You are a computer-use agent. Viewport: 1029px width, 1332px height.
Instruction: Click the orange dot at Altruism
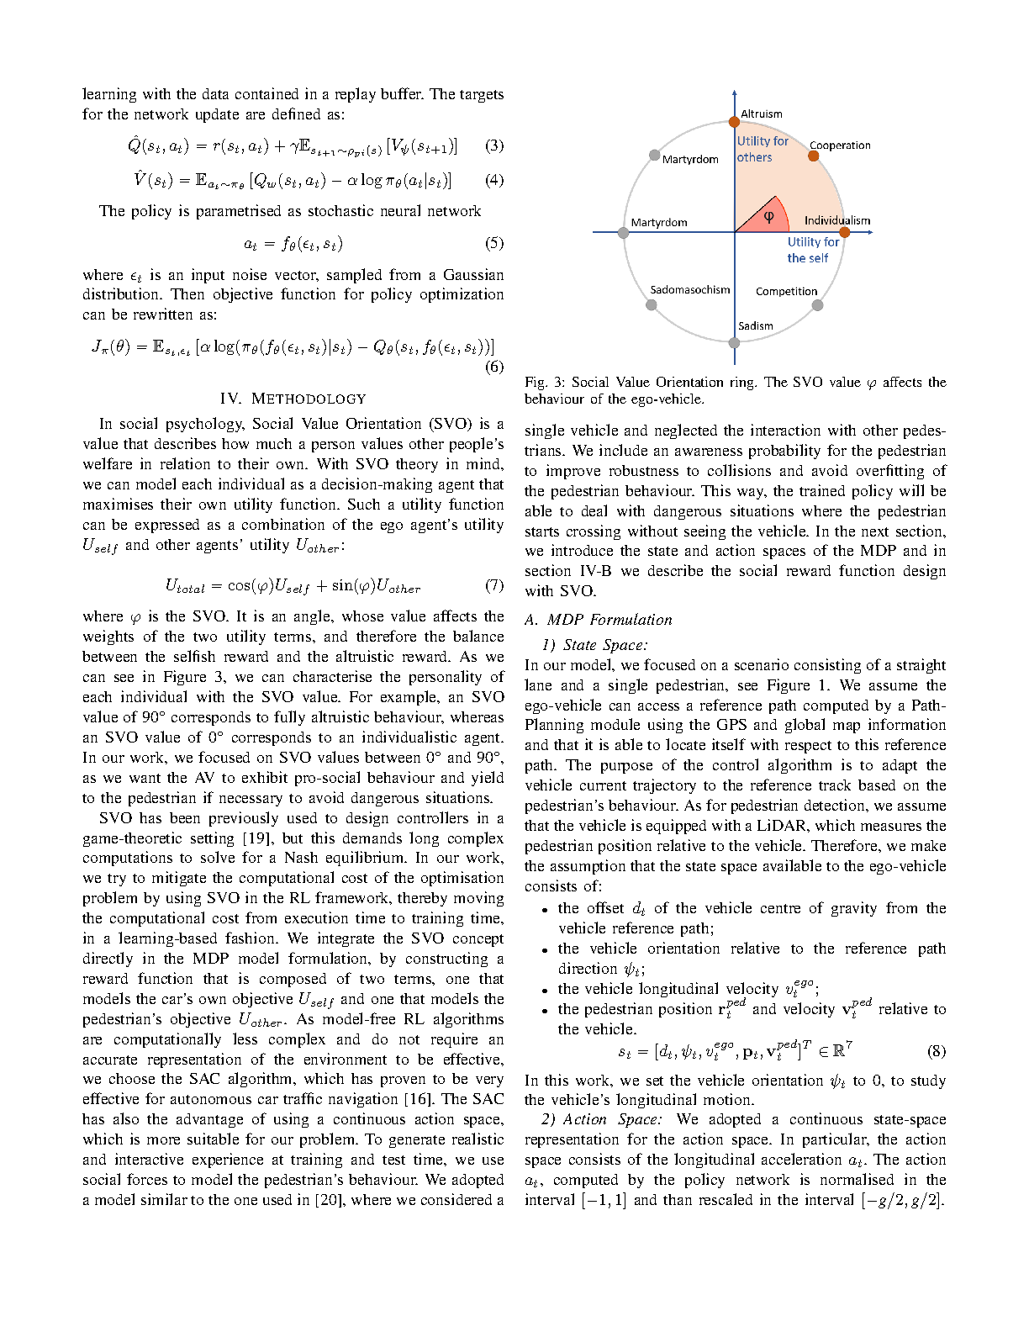(734, 123)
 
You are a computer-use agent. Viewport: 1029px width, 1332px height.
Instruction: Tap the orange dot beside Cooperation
(813, 156)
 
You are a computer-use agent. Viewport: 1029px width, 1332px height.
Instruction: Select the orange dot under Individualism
(844, 232)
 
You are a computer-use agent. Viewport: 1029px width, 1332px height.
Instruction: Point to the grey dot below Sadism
(734, 342)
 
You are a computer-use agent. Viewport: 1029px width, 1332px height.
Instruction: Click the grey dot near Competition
(817, 305)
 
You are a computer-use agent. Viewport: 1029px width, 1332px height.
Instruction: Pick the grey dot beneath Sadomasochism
(651, 304)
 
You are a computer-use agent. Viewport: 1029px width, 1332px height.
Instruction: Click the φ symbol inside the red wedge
(768, 216)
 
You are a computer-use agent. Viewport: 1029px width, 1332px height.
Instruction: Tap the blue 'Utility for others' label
(762, 149)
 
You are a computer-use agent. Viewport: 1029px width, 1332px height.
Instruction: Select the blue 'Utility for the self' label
(812, 250)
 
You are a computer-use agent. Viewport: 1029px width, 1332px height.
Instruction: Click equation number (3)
(494, 145)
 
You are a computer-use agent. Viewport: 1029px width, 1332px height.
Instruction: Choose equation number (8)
(937, 1050)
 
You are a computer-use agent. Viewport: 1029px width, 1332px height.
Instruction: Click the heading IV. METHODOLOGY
(293, 399)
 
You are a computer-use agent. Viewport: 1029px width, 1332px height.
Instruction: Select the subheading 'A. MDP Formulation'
(598, 620)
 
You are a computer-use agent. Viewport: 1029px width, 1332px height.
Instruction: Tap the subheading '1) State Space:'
(594, 645)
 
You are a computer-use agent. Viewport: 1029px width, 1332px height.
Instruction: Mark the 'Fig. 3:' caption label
(542, 382)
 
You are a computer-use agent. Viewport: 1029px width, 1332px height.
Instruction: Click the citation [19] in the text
(256, 838)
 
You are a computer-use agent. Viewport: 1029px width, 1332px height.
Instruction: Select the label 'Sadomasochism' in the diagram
(689, 289)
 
